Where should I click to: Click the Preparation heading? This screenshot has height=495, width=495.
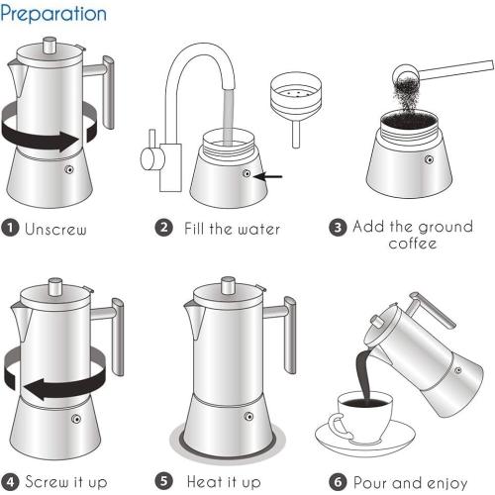click(x=54, y=14)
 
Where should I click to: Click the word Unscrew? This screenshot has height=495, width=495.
click(x=55, y=230)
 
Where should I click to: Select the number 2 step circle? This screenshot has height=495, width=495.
click(x=164, y=228)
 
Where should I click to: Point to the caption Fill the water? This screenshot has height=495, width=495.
click(x=232, y=229)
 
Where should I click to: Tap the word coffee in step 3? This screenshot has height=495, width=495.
click(x=413, y=244)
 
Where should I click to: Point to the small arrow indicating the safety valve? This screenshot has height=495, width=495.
click(x=268, y=176)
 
